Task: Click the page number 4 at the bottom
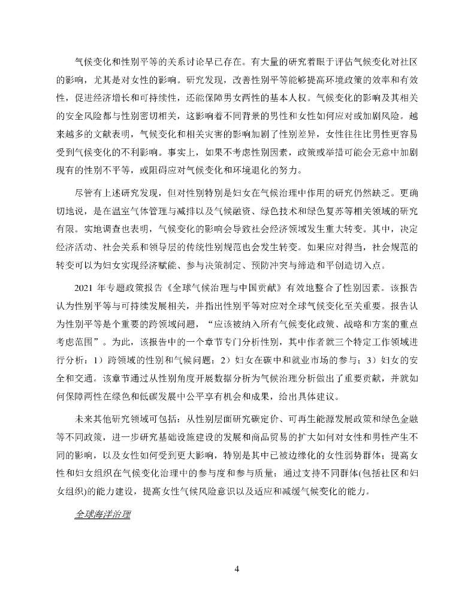click(237, 568)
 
